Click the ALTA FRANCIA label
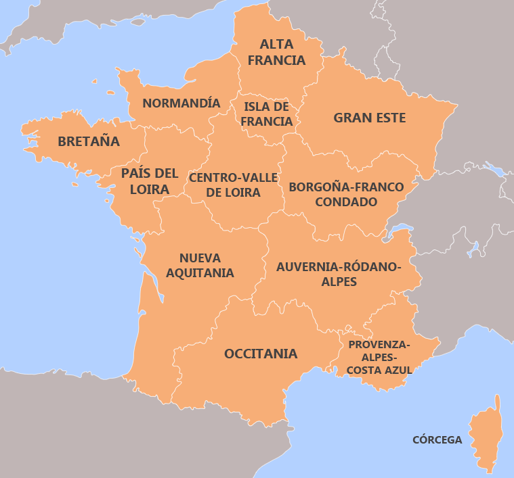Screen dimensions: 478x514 pyautogui.click(x=276, y=52)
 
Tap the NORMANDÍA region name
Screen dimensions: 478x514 pyautogui.click(x=181, y=103)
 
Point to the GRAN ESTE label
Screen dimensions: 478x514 pyautogui.click(x=369, y=118)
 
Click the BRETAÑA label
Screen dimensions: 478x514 pyautogui.click(x=89, y=142)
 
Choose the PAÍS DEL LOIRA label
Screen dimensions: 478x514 pyautogui.click(x=150, y=181)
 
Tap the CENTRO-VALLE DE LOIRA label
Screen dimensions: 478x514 pyautogui.click(x=233, y=185)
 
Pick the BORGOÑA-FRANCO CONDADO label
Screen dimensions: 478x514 pyautogui.click(x=345, y=194)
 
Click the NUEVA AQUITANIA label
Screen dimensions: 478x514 pyautogui.click(x=200, y=266)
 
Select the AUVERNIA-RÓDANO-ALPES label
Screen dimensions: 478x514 pyautogui.click(x=339, y=274)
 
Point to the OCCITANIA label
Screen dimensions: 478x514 pyautogui.click(x=261, y=354)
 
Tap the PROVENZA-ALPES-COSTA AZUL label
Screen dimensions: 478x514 pyautogui.click(x=379, y=357)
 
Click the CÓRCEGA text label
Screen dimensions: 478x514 pyautogui.click(x=437, y=440)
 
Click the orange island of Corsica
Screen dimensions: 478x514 pyautogui.click(x=486, y=436)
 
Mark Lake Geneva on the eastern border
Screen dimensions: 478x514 pyautogui.click(x=400, y=229)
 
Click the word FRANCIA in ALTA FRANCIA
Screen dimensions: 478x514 pyautogui.click(x=276, y=60)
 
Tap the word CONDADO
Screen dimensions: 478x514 pyautogui.click(x=345, y=201)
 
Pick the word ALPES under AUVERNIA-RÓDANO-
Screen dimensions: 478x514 pyautogui.click(x=339, y=282)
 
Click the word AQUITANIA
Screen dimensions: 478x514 pyautogui.click(x=200, y=273)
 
